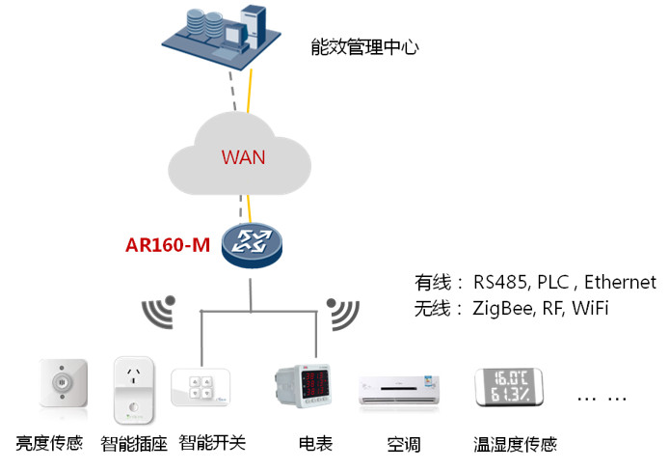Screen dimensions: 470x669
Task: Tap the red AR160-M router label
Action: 168,244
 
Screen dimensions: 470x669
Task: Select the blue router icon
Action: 250,246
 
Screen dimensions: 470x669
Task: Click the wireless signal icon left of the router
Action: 159,312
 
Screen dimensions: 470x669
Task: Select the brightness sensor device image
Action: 63,385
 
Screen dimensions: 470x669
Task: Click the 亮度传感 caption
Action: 49,445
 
